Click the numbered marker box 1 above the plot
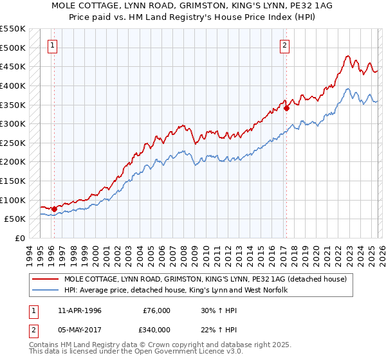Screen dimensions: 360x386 (52, 45)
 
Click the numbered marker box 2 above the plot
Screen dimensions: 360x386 (284, 45)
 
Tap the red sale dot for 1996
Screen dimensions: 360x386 (54, 209)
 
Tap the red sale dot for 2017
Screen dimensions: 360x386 (286, 108)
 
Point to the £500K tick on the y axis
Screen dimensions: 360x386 (13, 48)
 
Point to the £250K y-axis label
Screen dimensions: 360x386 (13, 143)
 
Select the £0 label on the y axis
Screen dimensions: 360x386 (19, 238)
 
